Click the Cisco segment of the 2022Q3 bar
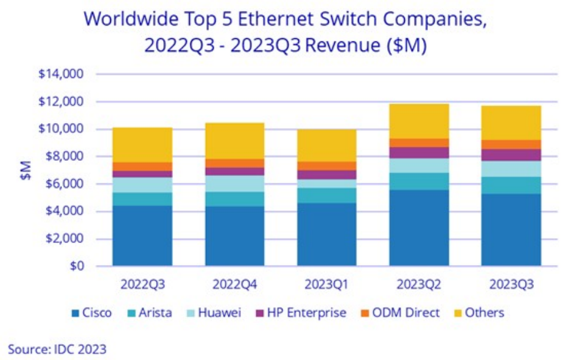click(x=142, y=235)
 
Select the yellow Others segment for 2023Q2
click(x=419, y=121)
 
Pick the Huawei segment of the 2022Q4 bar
click(x=234, y=183)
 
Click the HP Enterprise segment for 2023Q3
click(x=511, y=155)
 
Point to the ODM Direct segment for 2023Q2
click(x=419, y=143)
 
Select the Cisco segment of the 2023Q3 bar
click(x=511, y=230)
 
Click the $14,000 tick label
click(x=61, y=75)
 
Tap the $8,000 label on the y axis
click(x=63, y=157)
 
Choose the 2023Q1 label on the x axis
click(x=327, y=284)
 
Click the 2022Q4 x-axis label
click(x=234, y=284)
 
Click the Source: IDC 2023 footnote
click(x=57, y=349)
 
